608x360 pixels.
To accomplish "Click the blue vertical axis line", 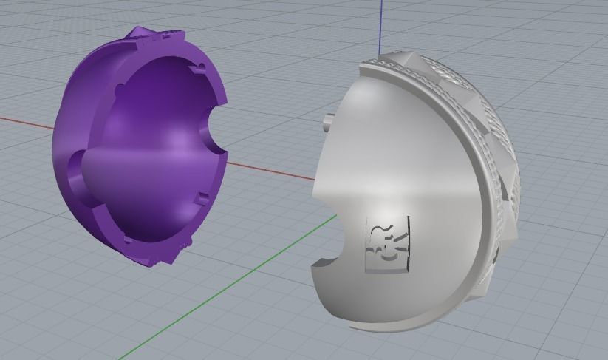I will point(380,22).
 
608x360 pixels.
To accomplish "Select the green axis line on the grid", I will point(222,288).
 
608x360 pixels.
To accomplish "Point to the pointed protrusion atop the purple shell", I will point(139,31).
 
